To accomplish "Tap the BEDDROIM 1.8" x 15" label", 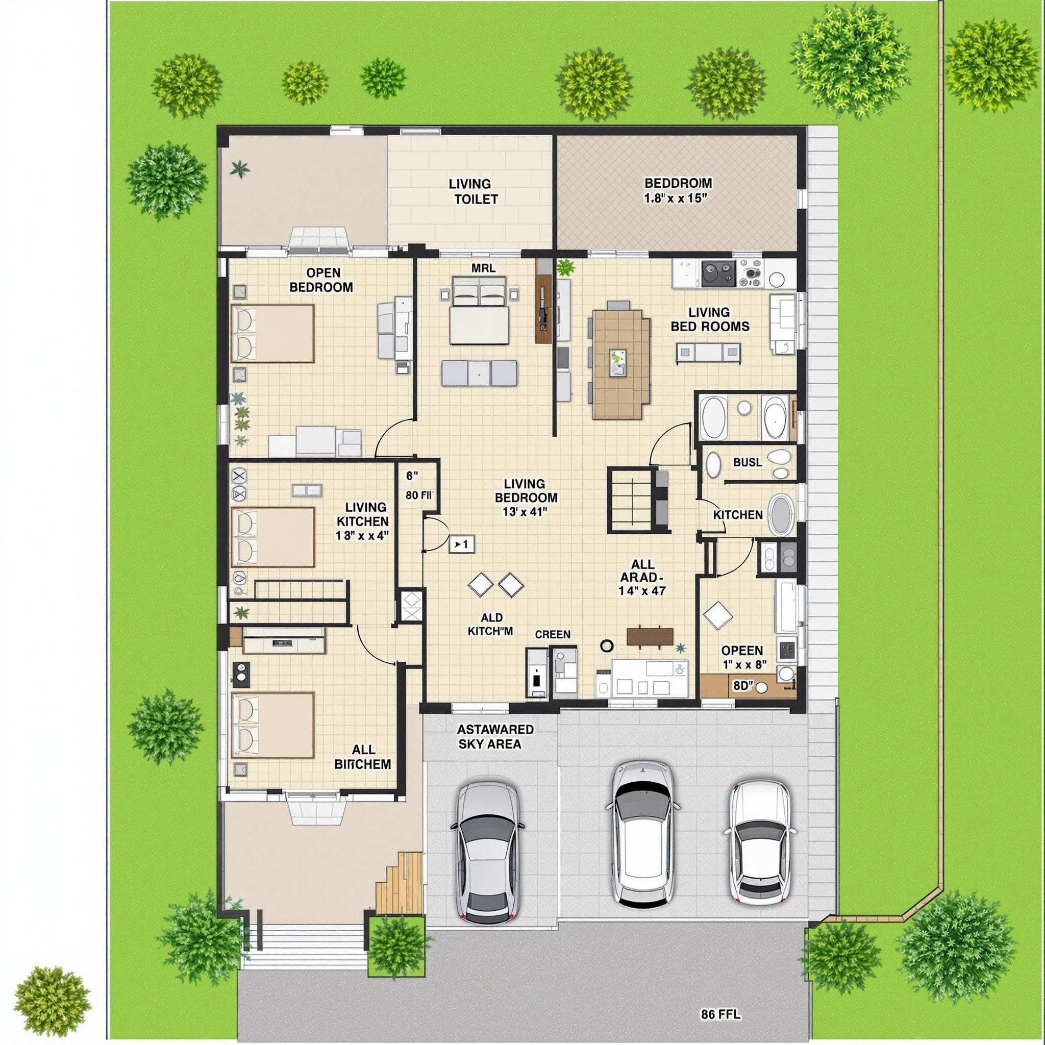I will tap(677, 190).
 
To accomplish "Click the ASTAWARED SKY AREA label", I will tap(495, 737).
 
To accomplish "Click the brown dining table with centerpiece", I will tap(619, 364).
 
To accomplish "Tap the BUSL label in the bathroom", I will tap(748, 462).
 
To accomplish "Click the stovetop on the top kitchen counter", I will tap(719, 273).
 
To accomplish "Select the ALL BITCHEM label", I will tap(363, 757).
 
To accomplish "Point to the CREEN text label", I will tap(552, 634).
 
